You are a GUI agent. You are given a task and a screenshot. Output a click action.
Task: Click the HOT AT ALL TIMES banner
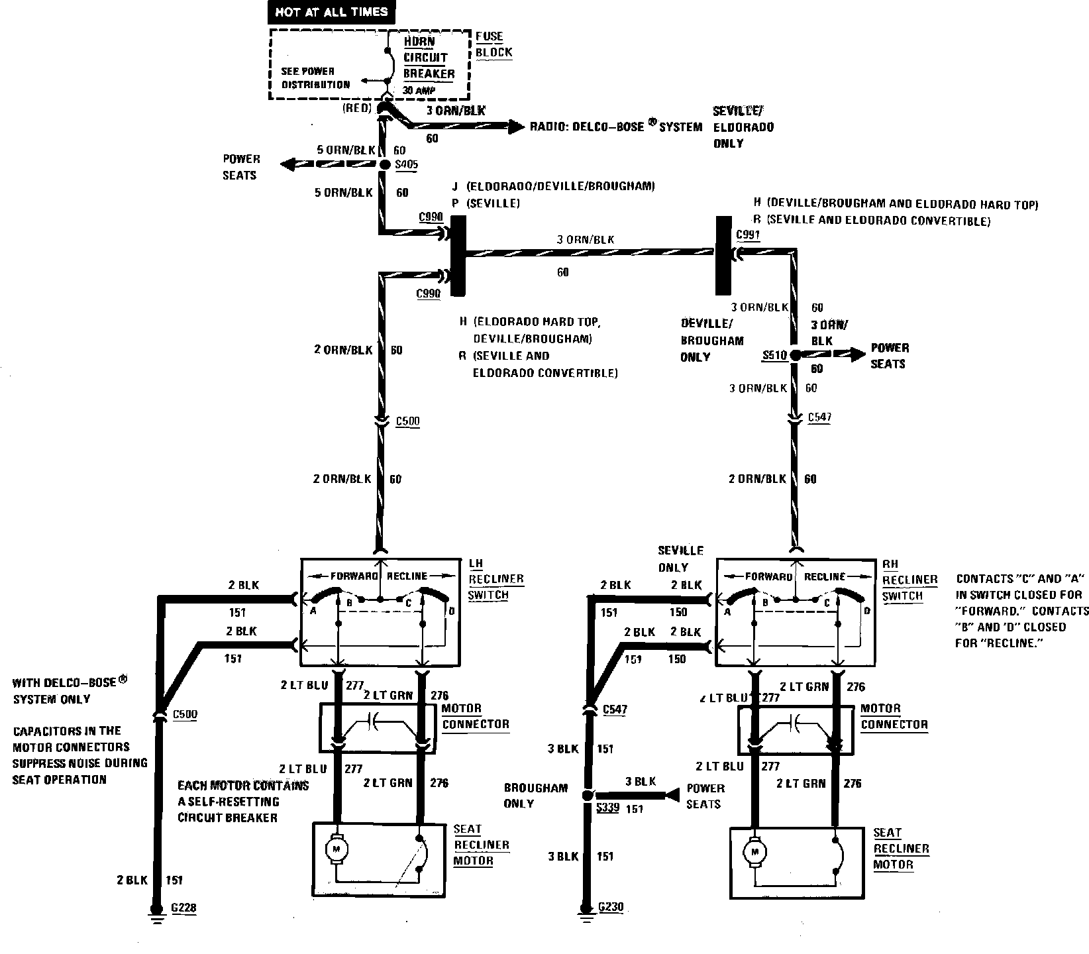331,12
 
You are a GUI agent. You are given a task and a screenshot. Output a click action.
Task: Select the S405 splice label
405,165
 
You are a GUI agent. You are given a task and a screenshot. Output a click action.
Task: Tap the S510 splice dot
795,356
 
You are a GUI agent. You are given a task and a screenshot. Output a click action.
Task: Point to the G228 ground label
183,908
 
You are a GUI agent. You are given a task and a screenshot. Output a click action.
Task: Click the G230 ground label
610,907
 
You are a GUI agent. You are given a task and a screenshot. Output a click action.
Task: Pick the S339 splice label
607,808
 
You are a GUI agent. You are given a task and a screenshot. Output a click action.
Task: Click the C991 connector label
749,235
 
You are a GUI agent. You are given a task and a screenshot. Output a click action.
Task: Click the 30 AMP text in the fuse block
419,91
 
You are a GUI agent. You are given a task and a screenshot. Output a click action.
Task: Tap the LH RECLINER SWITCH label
495,579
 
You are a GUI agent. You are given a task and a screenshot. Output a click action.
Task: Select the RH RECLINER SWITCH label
909,580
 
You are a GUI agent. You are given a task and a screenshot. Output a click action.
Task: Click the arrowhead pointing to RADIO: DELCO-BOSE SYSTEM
517,127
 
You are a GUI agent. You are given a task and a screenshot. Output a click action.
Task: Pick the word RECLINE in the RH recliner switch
825,576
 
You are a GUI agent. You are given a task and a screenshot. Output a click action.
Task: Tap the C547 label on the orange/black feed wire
819,418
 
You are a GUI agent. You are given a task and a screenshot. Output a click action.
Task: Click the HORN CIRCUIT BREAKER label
429,58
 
